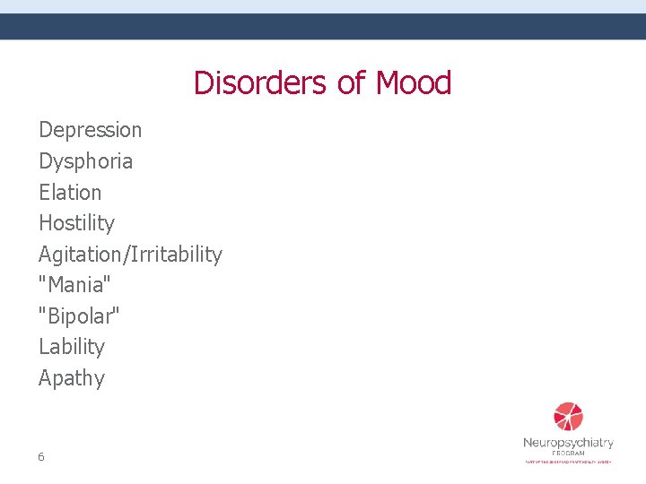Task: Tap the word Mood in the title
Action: (x=414, y=83)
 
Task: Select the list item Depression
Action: (x=90, y=130)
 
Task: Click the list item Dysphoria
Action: (x=85, y=161)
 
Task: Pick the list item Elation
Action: (x=70, y=192)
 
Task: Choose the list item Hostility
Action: (x=76, y=223)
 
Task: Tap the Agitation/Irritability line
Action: (x=130, y=255)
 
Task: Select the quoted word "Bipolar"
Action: (x=79, y=315)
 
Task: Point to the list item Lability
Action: (x=72, y=347)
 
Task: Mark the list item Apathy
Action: (x=72, y=378)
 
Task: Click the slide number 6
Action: (x=41, y=457)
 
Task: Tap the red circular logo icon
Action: (x=568, y=417)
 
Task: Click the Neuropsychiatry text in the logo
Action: (x=568, y=443)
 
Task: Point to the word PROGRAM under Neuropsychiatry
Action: (x=568, y=454)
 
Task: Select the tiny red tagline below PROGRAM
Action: (x=568, y=462)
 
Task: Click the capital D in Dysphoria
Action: (x=45, y=161)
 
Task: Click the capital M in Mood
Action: (x=388, y=83)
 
